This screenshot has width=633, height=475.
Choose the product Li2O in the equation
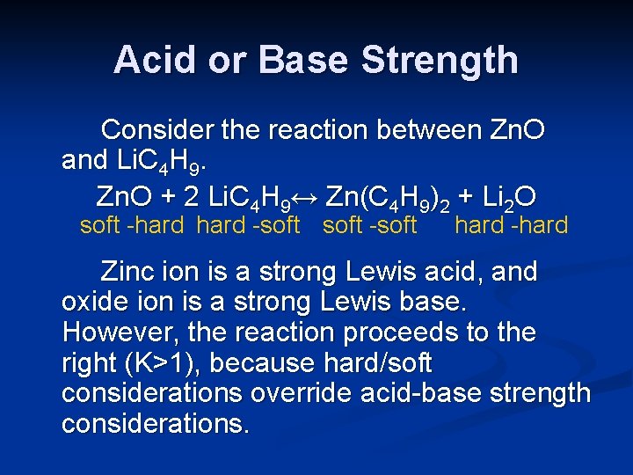pyautogui.click(x=507, y=195)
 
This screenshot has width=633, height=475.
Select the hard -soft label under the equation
pyautogui.click(x=248, y=225)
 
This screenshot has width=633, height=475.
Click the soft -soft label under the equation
pyautogui.click(x=369, y=225)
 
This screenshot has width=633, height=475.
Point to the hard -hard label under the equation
pyautogui.click(x=511, y=225)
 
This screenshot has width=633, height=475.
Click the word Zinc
pyautogui.click(x=132, y=272)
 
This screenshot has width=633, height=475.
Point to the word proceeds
pyautogui.click(x=401, y=332)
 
